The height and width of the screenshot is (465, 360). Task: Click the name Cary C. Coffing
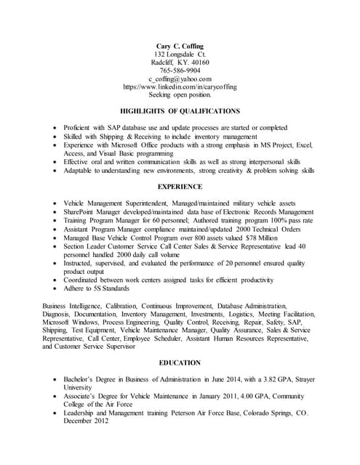[x=180, y=46]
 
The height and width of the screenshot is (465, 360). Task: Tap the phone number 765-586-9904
[x=180, y=70]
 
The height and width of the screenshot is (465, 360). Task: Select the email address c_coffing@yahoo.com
[x=180, y=78]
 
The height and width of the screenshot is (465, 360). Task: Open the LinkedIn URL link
[x=180, y=86]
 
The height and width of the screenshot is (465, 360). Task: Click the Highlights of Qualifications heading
[x=180, y=111]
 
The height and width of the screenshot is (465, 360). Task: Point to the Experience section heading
[x=180, y=187]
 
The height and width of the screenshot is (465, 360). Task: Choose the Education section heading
[x=180, y=362]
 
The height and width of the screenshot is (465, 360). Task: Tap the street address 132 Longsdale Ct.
[x=180, y=54]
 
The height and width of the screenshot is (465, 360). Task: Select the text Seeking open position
[x=180, y=94]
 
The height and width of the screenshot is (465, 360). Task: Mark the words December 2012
[x=86, y=421]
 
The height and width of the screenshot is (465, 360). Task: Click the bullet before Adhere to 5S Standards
[x=56, y=288]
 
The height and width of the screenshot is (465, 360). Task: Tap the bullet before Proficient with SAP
[x=56, y=127]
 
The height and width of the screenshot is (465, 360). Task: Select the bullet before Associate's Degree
[x=56, y=396]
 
